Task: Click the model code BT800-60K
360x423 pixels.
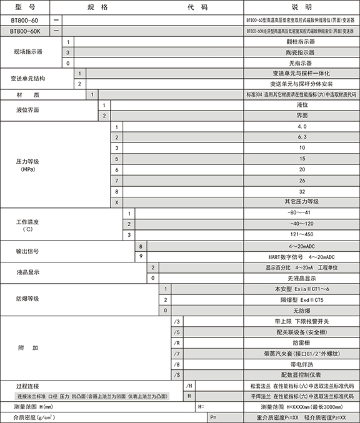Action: pos(26,30)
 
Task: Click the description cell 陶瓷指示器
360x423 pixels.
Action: pos(302,52)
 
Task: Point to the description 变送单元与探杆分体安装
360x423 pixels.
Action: pos(302,84)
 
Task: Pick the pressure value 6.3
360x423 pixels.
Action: pos(302,137)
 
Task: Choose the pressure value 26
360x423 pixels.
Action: pos(302,179)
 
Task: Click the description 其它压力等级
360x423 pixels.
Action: pos(302,201)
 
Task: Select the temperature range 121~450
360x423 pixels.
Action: pos(302,234)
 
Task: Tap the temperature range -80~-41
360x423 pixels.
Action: pos(302,212)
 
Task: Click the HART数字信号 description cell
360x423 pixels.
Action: pos(302,256)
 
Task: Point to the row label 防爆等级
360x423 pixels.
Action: pos(27,299)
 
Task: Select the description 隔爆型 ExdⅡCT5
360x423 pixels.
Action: pos(302,299)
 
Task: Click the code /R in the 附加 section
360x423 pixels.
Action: pos(177,342)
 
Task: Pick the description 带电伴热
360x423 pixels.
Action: pos(302,364)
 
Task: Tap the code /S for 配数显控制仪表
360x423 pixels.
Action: pos(177,375)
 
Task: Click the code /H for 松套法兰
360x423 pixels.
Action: pos(189,386)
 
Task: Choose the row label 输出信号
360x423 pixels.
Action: pos(27,251)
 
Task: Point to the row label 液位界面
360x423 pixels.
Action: pos(27,110)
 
